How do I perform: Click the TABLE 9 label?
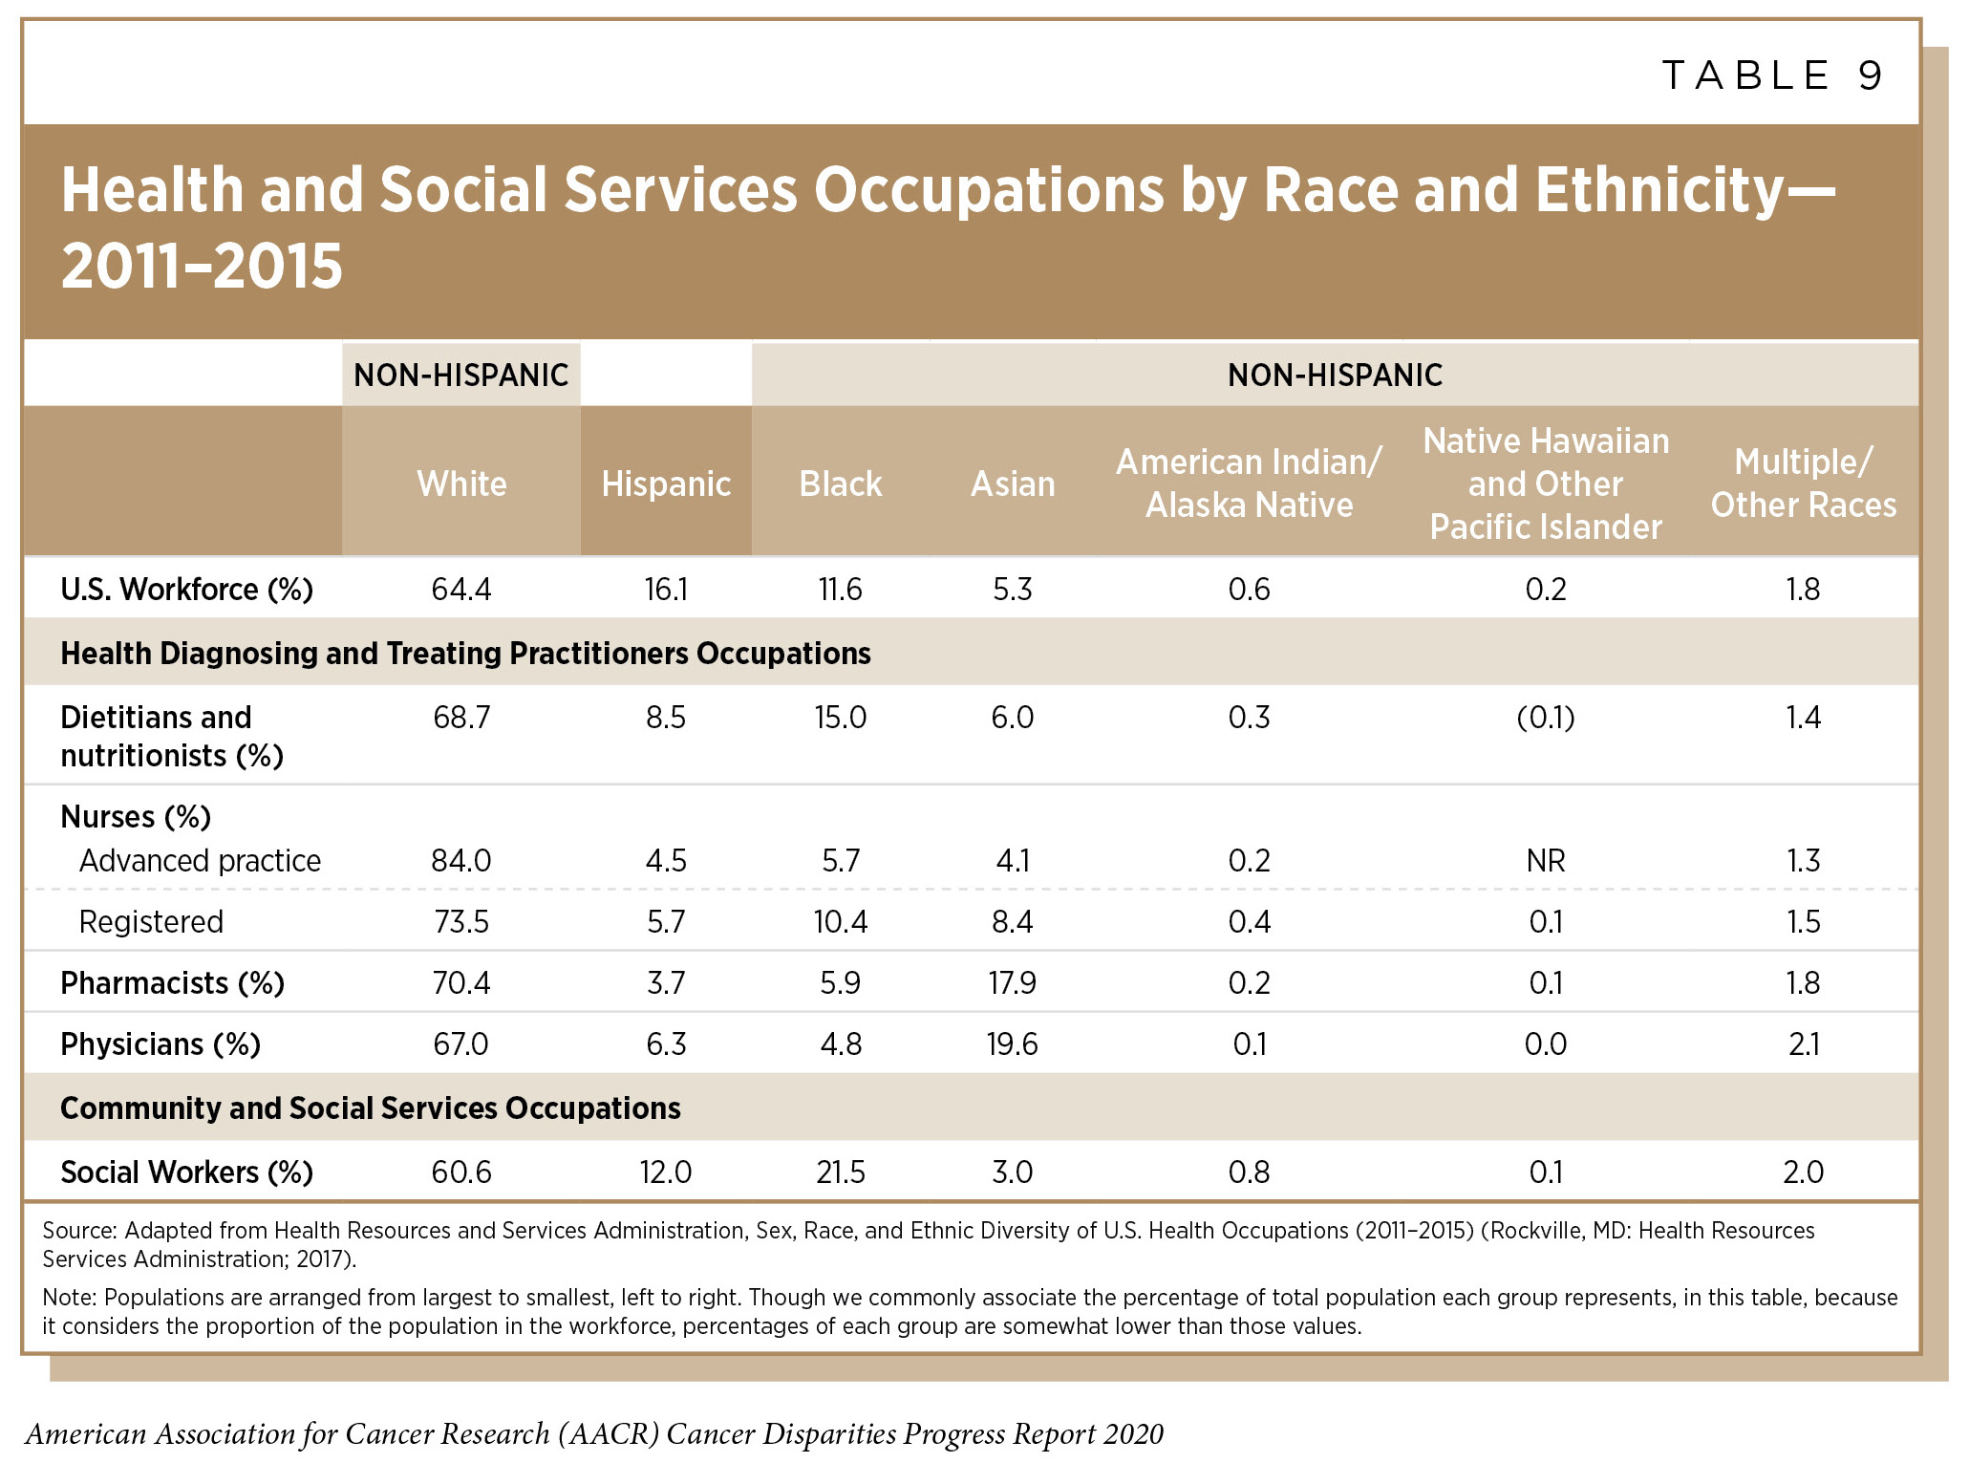(x=1772, y=75)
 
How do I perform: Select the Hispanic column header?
(x=666, y=484)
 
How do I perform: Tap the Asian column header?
(x=1013, y=484)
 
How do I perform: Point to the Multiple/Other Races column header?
(x=1803, y=484)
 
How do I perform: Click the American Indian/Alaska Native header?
(x=1249, y=484)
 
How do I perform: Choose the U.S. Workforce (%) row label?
(x=186, y=589)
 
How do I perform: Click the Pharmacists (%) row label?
(x=172, y=982)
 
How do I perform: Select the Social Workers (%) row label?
(x=186, y=1172)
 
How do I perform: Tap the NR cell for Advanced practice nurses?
(x=1545, y=860)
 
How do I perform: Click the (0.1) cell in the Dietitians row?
(x=1545, y=717)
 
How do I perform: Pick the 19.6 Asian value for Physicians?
(x=1012, y=1043)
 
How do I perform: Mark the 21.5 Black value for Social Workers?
(x=840, y=1172)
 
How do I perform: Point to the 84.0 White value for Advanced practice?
(x=461, y=860)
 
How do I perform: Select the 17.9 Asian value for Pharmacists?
(x=1012, y=982)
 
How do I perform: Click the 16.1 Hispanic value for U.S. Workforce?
(x=666, y=589)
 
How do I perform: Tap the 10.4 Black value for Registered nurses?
(x=840, y=921)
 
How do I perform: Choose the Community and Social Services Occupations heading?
(x=371, y=1108)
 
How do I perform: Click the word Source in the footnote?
(x=78, y=1230)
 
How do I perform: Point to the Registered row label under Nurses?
(x=151, y=921)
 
